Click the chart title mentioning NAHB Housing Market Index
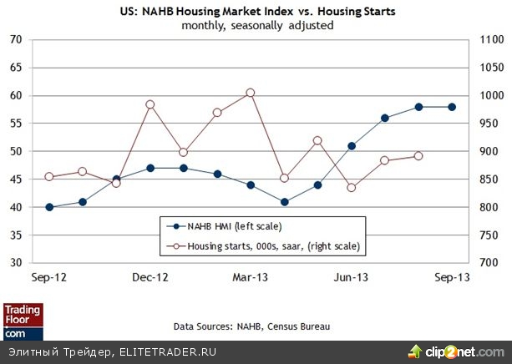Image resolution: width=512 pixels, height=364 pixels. click(258, 11)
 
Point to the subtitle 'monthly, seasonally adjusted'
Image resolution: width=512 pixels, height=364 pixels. click(257, 25)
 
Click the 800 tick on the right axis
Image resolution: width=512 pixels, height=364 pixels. click(488, 207)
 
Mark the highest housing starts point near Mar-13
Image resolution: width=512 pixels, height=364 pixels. click(251, 93)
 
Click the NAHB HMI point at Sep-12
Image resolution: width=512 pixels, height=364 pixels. click(49, 207)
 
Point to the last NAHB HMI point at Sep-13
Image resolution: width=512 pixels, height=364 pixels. click(452, 107)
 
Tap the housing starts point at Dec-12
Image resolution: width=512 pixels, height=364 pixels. click(150, 104)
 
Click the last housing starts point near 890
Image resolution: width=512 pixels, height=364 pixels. click(418, 156)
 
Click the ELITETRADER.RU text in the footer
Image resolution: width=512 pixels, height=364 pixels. click(166, 351)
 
